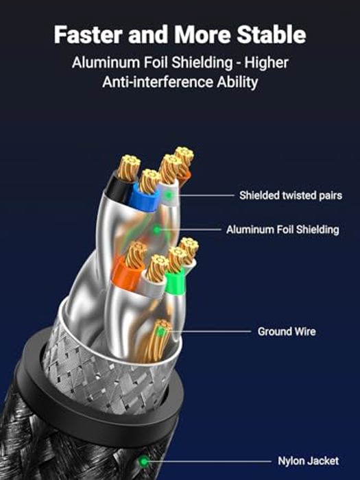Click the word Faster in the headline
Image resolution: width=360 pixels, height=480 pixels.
tap(88, 34)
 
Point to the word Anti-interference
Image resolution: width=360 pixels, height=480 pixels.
tap(158, 82)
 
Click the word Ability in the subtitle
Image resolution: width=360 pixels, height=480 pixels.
tap(237, 83)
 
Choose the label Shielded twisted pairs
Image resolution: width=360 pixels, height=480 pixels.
tap(291, 195)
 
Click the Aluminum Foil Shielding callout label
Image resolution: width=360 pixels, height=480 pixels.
tap(283, 230)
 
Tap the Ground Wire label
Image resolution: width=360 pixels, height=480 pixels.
tap(287, 331)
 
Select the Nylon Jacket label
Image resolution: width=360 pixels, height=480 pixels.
tap(308, 461)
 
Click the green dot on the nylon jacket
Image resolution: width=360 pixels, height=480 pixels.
tap(143, 461)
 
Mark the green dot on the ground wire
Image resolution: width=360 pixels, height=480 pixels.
tap(160, 331)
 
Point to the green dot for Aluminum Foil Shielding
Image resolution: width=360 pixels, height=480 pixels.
tap(157, 230)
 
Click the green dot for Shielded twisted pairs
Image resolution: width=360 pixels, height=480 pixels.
tap(169, 195)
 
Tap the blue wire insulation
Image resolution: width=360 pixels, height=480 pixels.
tap(143, 198)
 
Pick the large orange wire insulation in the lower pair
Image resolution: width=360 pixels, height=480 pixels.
tap(126, 276)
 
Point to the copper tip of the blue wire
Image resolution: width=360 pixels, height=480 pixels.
tap(149, 181)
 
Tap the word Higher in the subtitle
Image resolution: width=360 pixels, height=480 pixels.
tap(266, 63)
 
